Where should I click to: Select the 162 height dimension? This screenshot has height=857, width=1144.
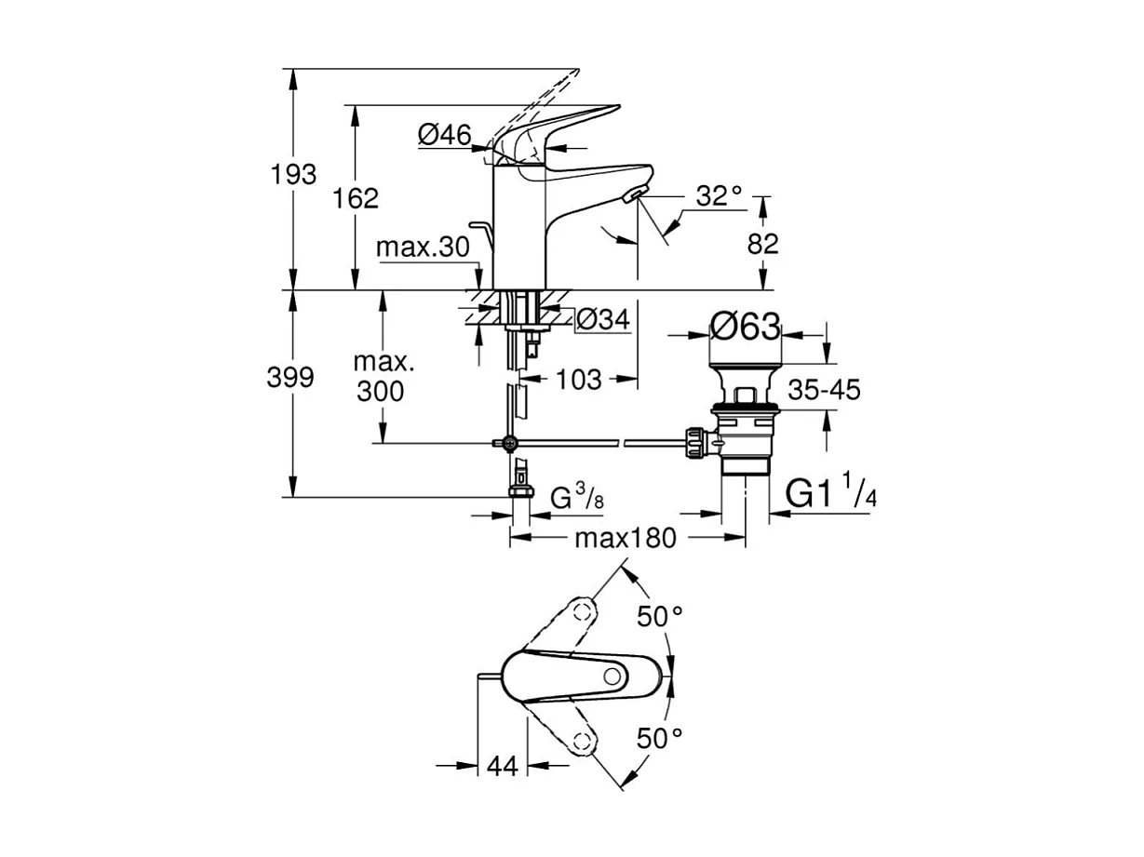coord(355,198)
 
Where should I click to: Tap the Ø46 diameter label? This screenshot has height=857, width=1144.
coord(444,136)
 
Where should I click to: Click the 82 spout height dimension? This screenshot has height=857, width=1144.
coord(762,243)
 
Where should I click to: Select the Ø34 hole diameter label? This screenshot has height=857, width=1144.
coord(603,320)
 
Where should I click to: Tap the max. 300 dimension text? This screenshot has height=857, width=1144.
coord(380,377)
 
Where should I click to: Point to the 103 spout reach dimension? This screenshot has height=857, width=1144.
coord(579,379)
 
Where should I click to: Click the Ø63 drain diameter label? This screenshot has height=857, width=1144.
coord(745,327)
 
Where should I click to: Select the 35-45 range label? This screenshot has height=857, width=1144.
coord(824,391)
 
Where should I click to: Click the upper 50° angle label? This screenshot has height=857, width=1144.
coord(659,615)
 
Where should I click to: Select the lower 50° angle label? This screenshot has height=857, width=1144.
coord(659,739)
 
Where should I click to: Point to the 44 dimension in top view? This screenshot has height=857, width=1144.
coord(502,766)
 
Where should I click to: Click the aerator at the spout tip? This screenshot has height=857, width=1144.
coord(633,194)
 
